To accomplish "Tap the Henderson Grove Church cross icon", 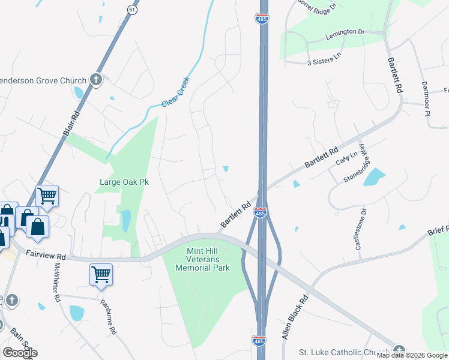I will point(95,79).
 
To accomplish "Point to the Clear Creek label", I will point(176,92).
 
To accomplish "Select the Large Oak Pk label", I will point(124,181).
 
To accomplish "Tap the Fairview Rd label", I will point(45,254).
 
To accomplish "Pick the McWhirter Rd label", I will point(58,282).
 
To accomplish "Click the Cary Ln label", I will point(346,158).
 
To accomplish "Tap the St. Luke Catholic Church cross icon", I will point(400,352).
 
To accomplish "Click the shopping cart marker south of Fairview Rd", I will point(101,274).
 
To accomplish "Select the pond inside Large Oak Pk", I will point(126,220).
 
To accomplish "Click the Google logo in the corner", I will point(19,353).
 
